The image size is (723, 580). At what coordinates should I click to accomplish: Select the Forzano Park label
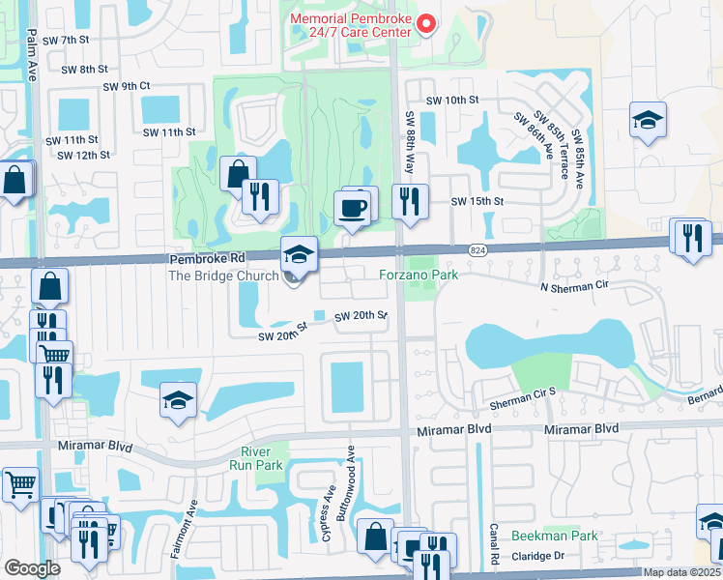417,275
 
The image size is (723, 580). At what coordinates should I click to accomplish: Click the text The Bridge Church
223,276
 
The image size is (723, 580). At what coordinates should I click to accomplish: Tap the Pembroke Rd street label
208,260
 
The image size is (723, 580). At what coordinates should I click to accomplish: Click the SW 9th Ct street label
127,86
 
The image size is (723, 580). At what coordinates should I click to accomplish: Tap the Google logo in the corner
32,568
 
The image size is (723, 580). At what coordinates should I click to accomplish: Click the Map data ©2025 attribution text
681,572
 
